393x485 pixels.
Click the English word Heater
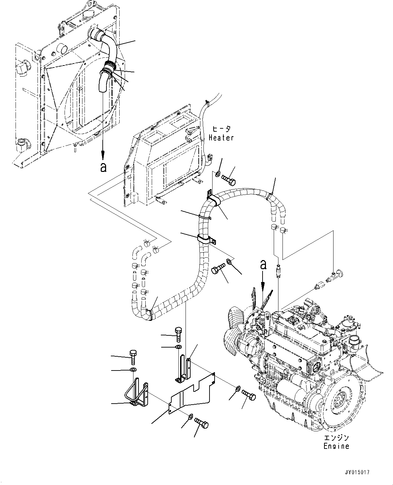click(x=221, y=137)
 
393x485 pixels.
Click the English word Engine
click(x=336, y=446)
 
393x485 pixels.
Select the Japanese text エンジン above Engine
click(x=336, y=438)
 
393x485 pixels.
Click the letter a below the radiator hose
click(x=103, y=167)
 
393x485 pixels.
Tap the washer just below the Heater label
click(x=217, y=174)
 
